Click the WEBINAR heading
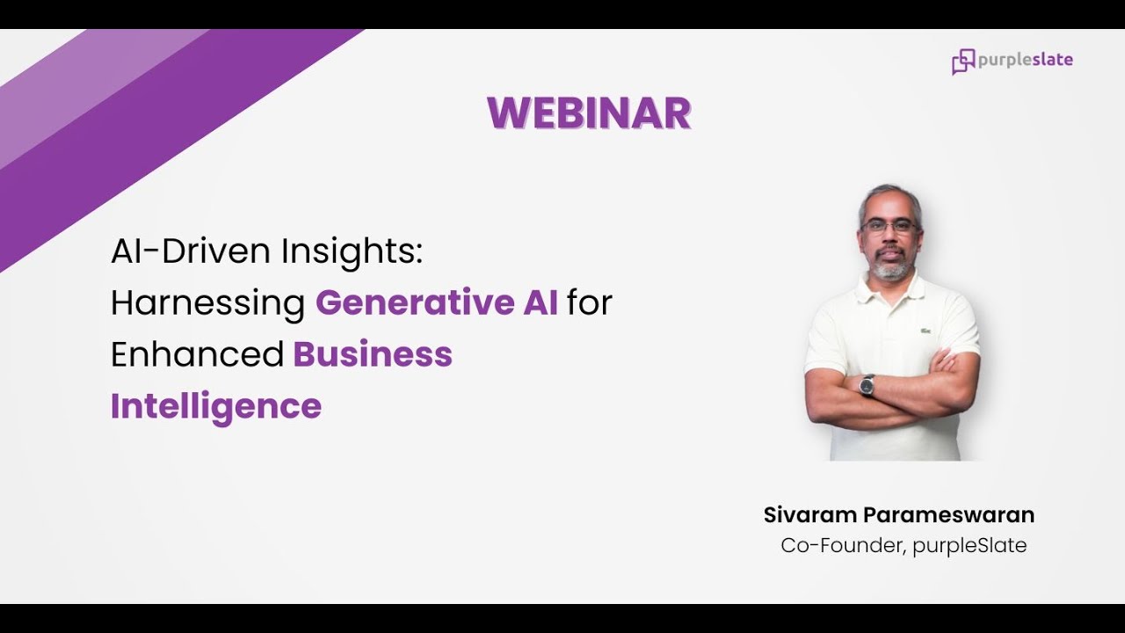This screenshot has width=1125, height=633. tap(589, 113)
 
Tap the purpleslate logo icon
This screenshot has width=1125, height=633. tap(963, 62)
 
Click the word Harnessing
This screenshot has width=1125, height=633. tap(207, 303)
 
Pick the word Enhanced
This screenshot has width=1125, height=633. tap(197, 354)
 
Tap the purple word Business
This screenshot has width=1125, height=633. tap(373, 354)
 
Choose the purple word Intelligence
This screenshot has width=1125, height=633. tap(216, 406)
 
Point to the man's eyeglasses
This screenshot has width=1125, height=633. tap(890, 226)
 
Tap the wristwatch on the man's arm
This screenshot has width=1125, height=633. tap(867, 385)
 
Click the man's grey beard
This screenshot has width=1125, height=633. tap(890, 269)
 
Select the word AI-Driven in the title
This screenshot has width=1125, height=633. tap(191, 252)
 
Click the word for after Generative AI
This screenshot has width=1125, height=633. tap(589, 303)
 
